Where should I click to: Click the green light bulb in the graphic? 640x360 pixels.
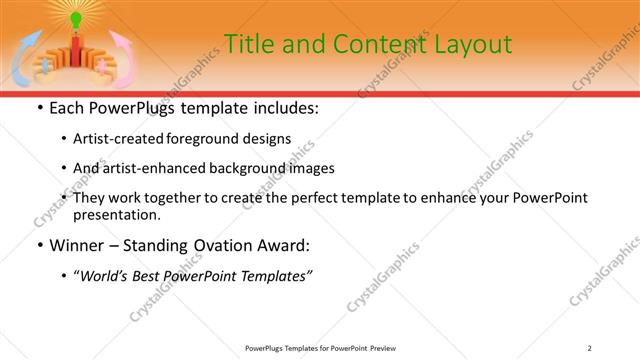click(77, 19)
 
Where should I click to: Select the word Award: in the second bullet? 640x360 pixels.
click(283, 244)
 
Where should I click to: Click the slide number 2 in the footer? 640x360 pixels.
click(590, 348)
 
